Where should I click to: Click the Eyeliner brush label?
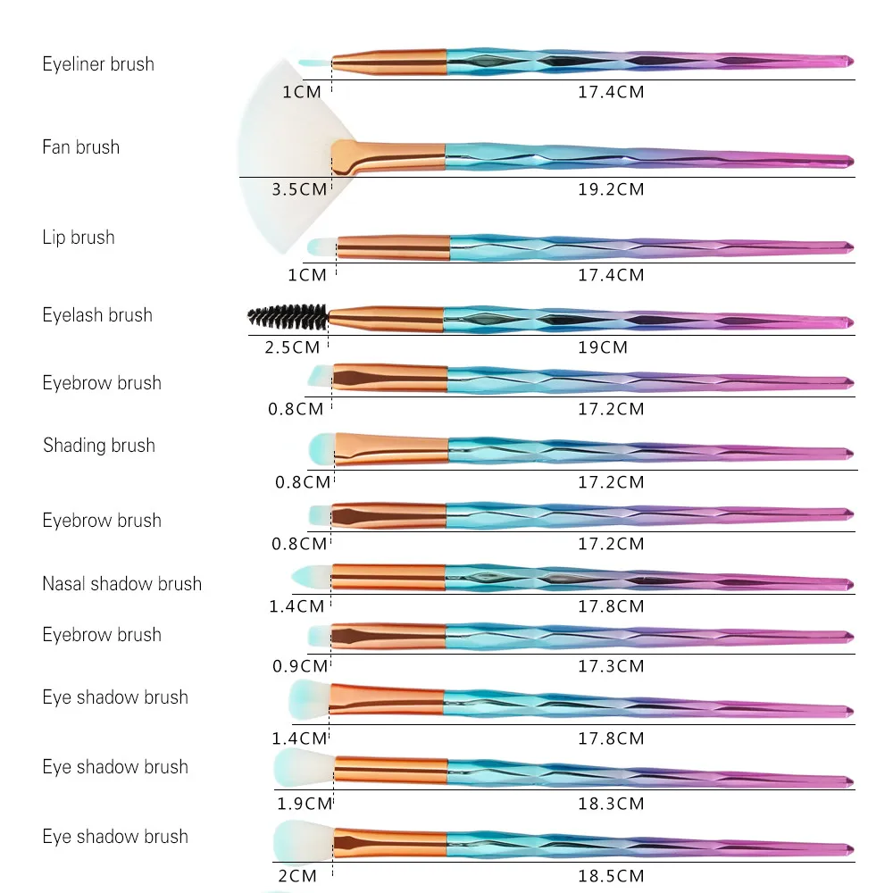click(98, 64)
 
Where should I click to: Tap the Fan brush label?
click(81, 147)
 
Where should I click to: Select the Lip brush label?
click(79, 238)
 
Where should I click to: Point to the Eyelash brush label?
click(97, 315)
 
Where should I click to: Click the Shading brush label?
click(99, 446)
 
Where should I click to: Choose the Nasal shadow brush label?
click(121, 584)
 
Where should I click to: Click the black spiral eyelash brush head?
click(288, 317)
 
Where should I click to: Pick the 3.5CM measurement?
click(299, 189)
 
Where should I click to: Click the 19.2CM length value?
click(611, 189)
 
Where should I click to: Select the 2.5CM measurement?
click(292, 347)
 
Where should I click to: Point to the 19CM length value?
click(603, 347)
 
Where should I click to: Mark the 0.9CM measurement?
click(300, 666)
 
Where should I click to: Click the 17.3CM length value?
click(611, 666)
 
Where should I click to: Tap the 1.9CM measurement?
click(305, 805)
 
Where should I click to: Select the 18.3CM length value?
click(611, 805)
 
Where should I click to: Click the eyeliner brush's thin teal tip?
click(315, 63)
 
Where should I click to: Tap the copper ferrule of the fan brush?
click(388, 157)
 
